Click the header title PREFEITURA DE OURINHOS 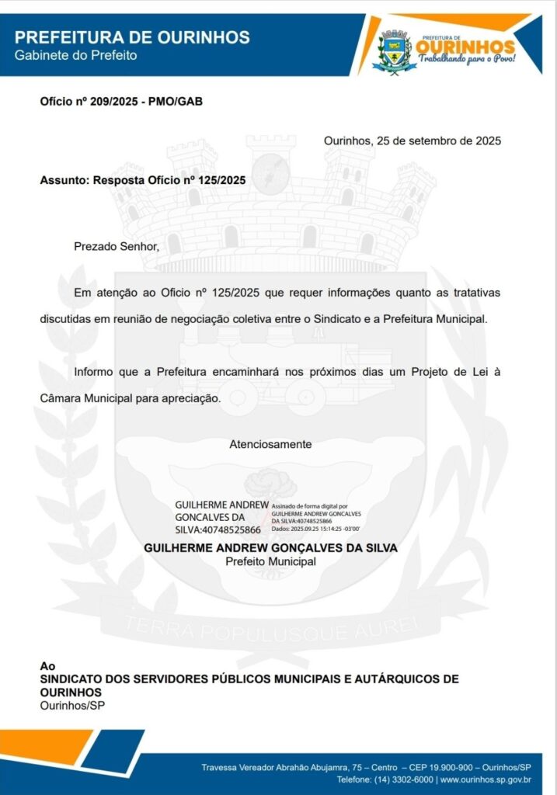(132, 37)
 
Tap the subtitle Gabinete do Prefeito (76, 55)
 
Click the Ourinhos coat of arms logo (395, 50)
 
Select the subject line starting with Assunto (143, 180)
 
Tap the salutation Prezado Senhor (116, 247)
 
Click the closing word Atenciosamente (270, 444)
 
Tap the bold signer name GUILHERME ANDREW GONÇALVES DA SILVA (270, 547)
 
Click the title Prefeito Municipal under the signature (270, 561)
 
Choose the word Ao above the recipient (47, 666)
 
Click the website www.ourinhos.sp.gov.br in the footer (486, 779)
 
